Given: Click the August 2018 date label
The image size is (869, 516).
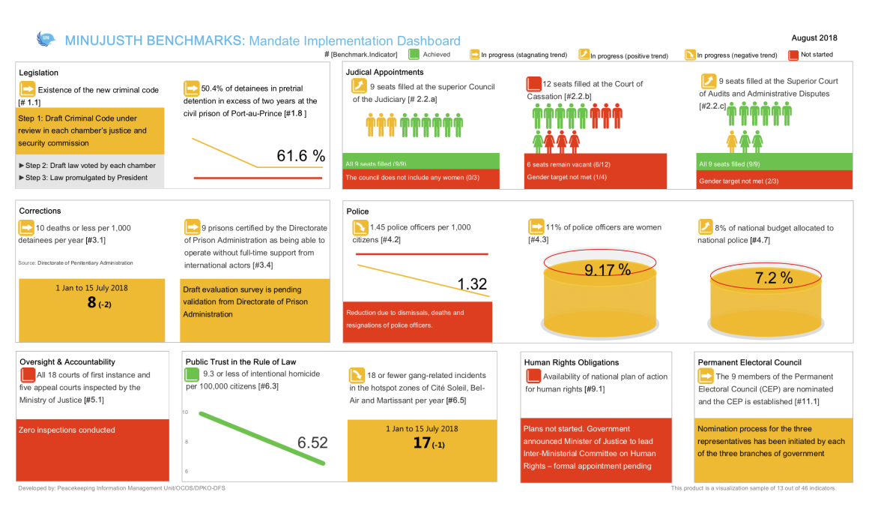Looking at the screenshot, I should (814, 37).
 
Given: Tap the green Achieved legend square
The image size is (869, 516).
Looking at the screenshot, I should (414, 54).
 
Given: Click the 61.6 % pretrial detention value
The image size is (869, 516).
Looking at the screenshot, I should (300, 156).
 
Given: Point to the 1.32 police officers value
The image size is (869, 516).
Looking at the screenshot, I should (472, 283).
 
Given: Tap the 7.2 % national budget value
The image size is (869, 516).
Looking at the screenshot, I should (774, 278).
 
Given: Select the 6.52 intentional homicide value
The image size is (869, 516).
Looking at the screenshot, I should (312, 442).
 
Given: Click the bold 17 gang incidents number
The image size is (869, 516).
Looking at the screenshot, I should (422, 442).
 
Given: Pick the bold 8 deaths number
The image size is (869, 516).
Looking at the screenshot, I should (92, 302).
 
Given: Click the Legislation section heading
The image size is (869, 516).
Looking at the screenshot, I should (39, 73).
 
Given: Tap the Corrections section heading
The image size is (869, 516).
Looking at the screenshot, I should (40, 211).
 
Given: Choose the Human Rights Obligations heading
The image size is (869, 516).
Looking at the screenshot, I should (572, 362).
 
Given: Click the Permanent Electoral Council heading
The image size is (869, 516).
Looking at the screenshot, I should (749, 362).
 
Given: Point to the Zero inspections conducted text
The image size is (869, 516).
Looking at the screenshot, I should (67, 430).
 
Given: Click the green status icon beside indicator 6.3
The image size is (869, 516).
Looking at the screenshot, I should (193, 373).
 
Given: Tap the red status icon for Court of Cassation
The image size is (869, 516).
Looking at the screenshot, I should (533, 84).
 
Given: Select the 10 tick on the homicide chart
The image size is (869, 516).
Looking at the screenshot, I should (184, 412).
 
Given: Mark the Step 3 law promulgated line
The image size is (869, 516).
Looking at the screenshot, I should (88, 178).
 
